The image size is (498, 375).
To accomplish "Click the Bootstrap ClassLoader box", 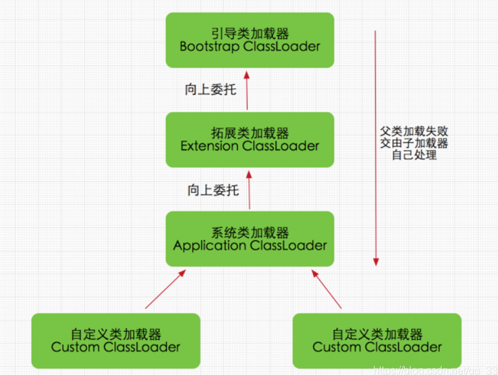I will pos(250,40).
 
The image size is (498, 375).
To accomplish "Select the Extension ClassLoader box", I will pos(250,139).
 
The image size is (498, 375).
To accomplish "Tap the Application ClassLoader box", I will pos(250,239).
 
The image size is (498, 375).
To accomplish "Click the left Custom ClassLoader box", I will pos(116,340).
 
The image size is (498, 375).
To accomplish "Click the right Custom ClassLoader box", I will pos(377,340).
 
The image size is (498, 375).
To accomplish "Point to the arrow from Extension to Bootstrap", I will pos(248,90).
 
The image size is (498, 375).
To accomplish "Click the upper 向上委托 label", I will pos(210,90).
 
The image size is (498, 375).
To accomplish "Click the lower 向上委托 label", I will pos(213,190).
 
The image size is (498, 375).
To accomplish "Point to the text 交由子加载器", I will pos(414,143).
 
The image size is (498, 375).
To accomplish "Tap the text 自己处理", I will pos(414,155).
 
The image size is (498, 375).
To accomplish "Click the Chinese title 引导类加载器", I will pos(250,33).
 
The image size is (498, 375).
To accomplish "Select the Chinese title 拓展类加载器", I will pos(250,133).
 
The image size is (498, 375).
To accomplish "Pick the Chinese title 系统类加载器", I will pos(250,233).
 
